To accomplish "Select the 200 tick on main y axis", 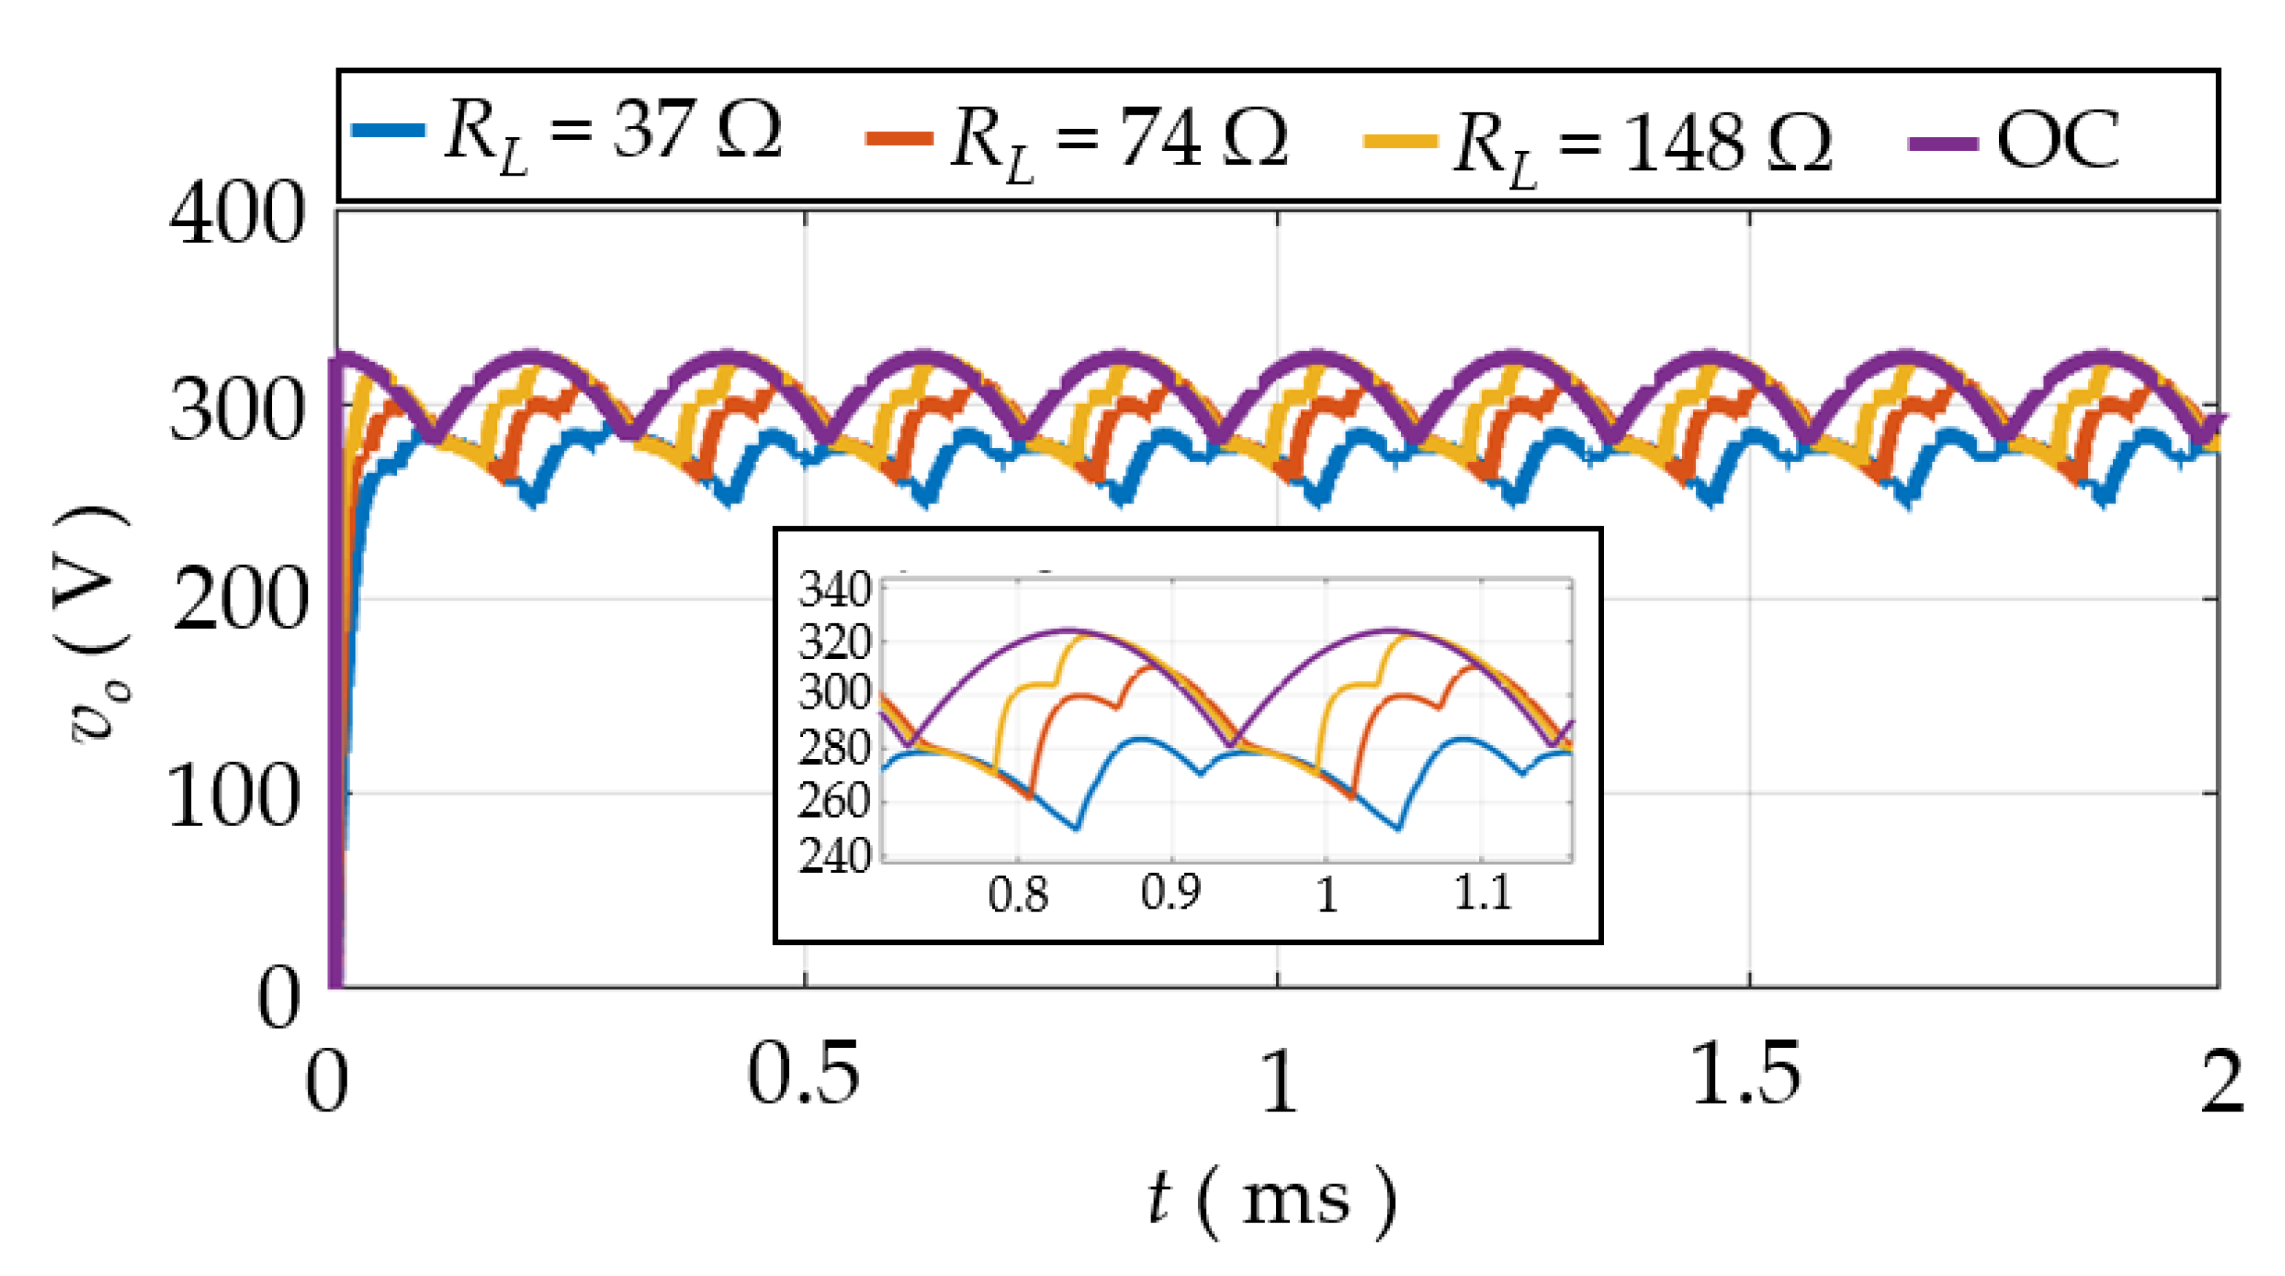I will [236, 601].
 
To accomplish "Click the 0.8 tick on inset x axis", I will [1018, 894].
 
